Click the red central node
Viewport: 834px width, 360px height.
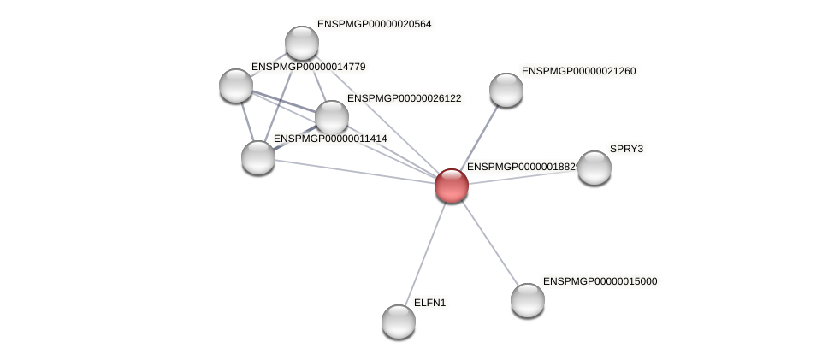[x=451, y=185]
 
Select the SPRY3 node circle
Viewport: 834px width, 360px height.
[x=594, y=168]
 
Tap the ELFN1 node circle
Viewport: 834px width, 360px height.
[x=398, y=321]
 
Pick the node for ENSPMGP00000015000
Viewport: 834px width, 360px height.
[x=527, y=299]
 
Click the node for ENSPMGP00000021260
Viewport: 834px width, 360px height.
[x=506, y=90]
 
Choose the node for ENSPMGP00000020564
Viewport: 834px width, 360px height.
[x=301, y=43]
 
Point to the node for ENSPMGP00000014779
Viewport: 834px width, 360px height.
[x=235, y=85]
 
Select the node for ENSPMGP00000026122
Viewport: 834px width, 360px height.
[x=331, y=117]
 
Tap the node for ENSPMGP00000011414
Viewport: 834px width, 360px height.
[x=257, y=156]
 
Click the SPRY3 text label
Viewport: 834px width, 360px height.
[x=626, y=149]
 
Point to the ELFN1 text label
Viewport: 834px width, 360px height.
[x=429, y=303]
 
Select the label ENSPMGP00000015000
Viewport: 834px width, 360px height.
[x=600, y=281]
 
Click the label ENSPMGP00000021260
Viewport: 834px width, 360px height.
[x=578, y=71]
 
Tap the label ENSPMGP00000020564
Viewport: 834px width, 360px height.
[x=374, y=24]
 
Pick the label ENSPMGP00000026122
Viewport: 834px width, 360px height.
[x=404, y=98]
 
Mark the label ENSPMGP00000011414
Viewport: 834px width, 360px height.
[x=330, y=139]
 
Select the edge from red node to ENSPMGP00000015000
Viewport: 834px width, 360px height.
[x=489, y=242]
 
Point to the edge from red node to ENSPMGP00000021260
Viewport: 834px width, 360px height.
[x=478, y=137]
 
